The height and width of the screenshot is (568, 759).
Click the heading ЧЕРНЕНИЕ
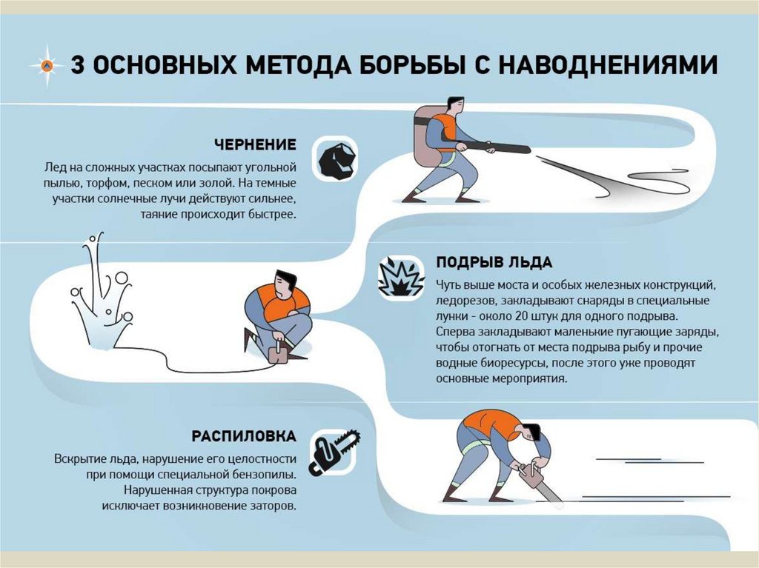255,144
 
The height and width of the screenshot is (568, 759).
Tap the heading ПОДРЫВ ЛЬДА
494,262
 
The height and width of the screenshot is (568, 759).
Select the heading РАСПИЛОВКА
243,436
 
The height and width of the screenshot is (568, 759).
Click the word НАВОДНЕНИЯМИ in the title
608,65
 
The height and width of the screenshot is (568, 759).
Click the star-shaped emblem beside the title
47,65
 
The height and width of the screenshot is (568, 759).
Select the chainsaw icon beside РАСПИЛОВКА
335,452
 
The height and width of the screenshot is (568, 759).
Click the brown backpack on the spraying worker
425,138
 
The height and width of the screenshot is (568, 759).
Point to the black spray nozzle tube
494,147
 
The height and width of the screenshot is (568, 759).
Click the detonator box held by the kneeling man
279,354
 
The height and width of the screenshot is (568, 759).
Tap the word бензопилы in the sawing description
270,474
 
